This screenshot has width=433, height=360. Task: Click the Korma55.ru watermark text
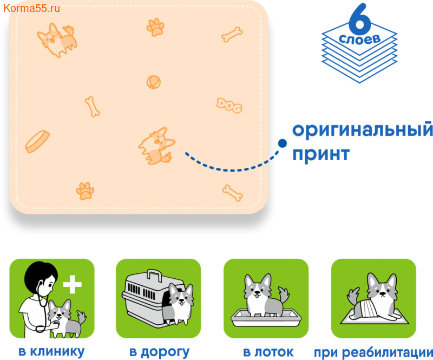31,8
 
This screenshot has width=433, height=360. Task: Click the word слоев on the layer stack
359,39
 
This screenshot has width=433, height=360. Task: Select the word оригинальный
363,130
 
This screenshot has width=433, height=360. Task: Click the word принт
321,154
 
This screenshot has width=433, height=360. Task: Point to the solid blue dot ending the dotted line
282,143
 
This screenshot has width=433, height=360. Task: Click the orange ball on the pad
154,82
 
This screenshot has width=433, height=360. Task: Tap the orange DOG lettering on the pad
229,105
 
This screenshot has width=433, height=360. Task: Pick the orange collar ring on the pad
37,141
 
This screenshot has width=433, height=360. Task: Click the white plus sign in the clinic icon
73,284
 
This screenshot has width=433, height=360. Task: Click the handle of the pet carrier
154,274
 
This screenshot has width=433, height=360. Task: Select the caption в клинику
51,352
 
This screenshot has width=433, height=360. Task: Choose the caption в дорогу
159,352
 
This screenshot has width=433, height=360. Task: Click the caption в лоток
268,352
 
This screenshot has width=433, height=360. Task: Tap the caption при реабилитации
373,353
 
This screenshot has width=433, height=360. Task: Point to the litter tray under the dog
266,318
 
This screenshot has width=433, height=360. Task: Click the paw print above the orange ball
155,27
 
